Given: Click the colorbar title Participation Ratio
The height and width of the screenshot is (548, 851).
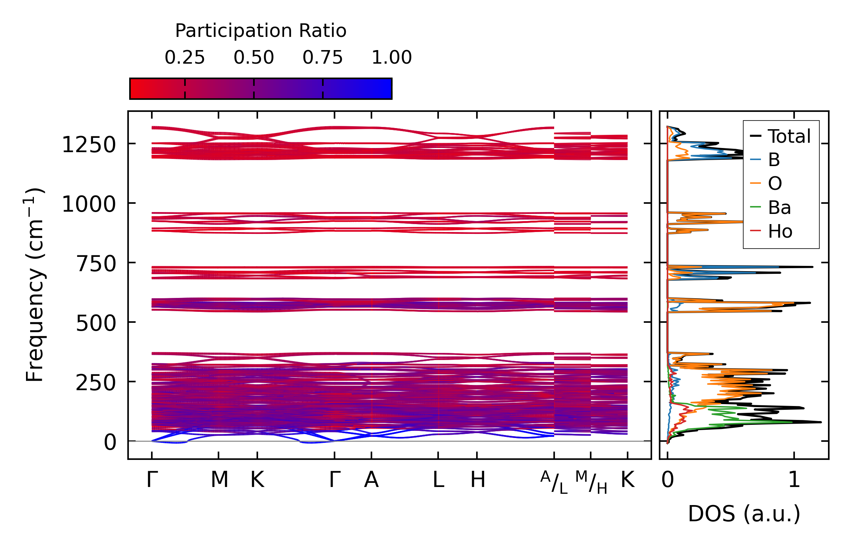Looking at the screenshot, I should coord(261,31).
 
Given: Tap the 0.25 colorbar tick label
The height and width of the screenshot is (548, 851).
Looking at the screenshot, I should coord(185,58).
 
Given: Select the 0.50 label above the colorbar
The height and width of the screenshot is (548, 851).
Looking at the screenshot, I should coord(254,58).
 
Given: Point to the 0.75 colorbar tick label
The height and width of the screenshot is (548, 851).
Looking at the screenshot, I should coord(322,58).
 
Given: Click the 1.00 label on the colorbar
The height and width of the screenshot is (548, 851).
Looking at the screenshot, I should coord(391,58).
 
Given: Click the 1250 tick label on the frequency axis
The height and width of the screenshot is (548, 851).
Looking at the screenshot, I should coord(89,145).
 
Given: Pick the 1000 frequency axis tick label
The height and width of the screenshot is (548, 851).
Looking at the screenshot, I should coord(89,205).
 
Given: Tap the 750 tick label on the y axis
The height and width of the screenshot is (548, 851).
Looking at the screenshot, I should coord(96,264).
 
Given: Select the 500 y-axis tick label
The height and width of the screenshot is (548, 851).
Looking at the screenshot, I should coord(96,323).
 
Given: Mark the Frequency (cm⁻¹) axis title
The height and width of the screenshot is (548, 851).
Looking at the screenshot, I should coord(35,284).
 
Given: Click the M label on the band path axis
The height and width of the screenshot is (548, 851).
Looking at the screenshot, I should coord(219,480).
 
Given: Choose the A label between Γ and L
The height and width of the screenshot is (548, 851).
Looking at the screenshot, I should coord(371,480).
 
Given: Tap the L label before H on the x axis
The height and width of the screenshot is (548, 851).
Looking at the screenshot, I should coord(438,480).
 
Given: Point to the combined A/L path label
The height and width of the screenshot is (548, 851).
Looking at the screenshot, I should coord(554,482).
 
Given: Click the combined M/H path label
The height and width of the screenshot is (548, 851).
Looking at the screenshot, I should coord(591,482).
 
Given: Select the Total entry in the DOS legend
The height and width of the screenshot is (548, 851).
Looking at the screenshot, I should coord(789,136).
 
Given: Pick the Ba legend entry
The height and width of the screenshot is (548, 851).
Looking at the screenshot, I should coord(779,208).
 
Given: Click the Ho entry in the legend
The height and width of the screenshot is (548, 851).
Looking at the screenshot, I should coord(780,231).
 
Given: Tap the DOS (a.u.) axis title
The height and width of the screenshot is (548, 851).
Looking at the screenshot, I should coord(744,514).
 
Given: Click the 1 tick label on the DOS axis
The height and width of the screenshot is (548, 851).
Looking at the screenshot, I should coord(794,480).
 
